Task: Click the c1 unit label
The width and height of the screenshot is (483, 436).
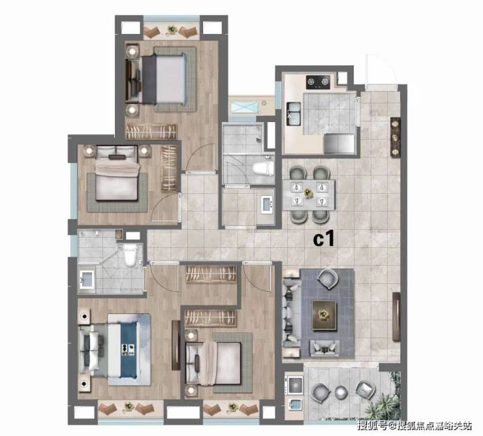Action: [324, 240]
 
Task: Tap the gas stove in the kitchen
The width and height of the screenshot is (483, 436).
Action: [318, 82]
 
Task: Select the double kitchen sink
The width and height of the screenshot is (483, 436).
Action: [294, 114]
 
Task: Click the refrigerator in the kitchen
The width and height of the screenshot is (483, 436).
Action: [340, 144]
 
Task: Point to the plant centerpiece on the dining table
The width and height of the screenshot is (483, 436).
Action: [307, 193]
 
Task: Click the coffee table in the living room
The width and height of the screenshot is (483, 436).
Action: [324, 315]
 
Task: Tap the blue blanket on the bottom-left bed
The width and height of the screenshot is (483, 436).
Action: [129, 349]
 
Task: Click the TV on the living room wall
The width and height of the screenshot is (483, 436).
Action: [396, 317]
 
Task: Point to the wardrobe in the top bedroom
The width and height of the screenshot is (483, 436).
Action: [151, 132]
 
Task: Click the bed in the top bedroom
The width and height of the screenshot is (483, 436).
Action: [164, 79]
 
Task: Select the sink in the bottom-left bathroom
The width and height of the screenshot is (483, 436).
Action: [87, 279]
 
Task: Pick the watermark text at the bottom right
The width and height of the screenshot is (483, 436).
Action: [414, 426]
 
